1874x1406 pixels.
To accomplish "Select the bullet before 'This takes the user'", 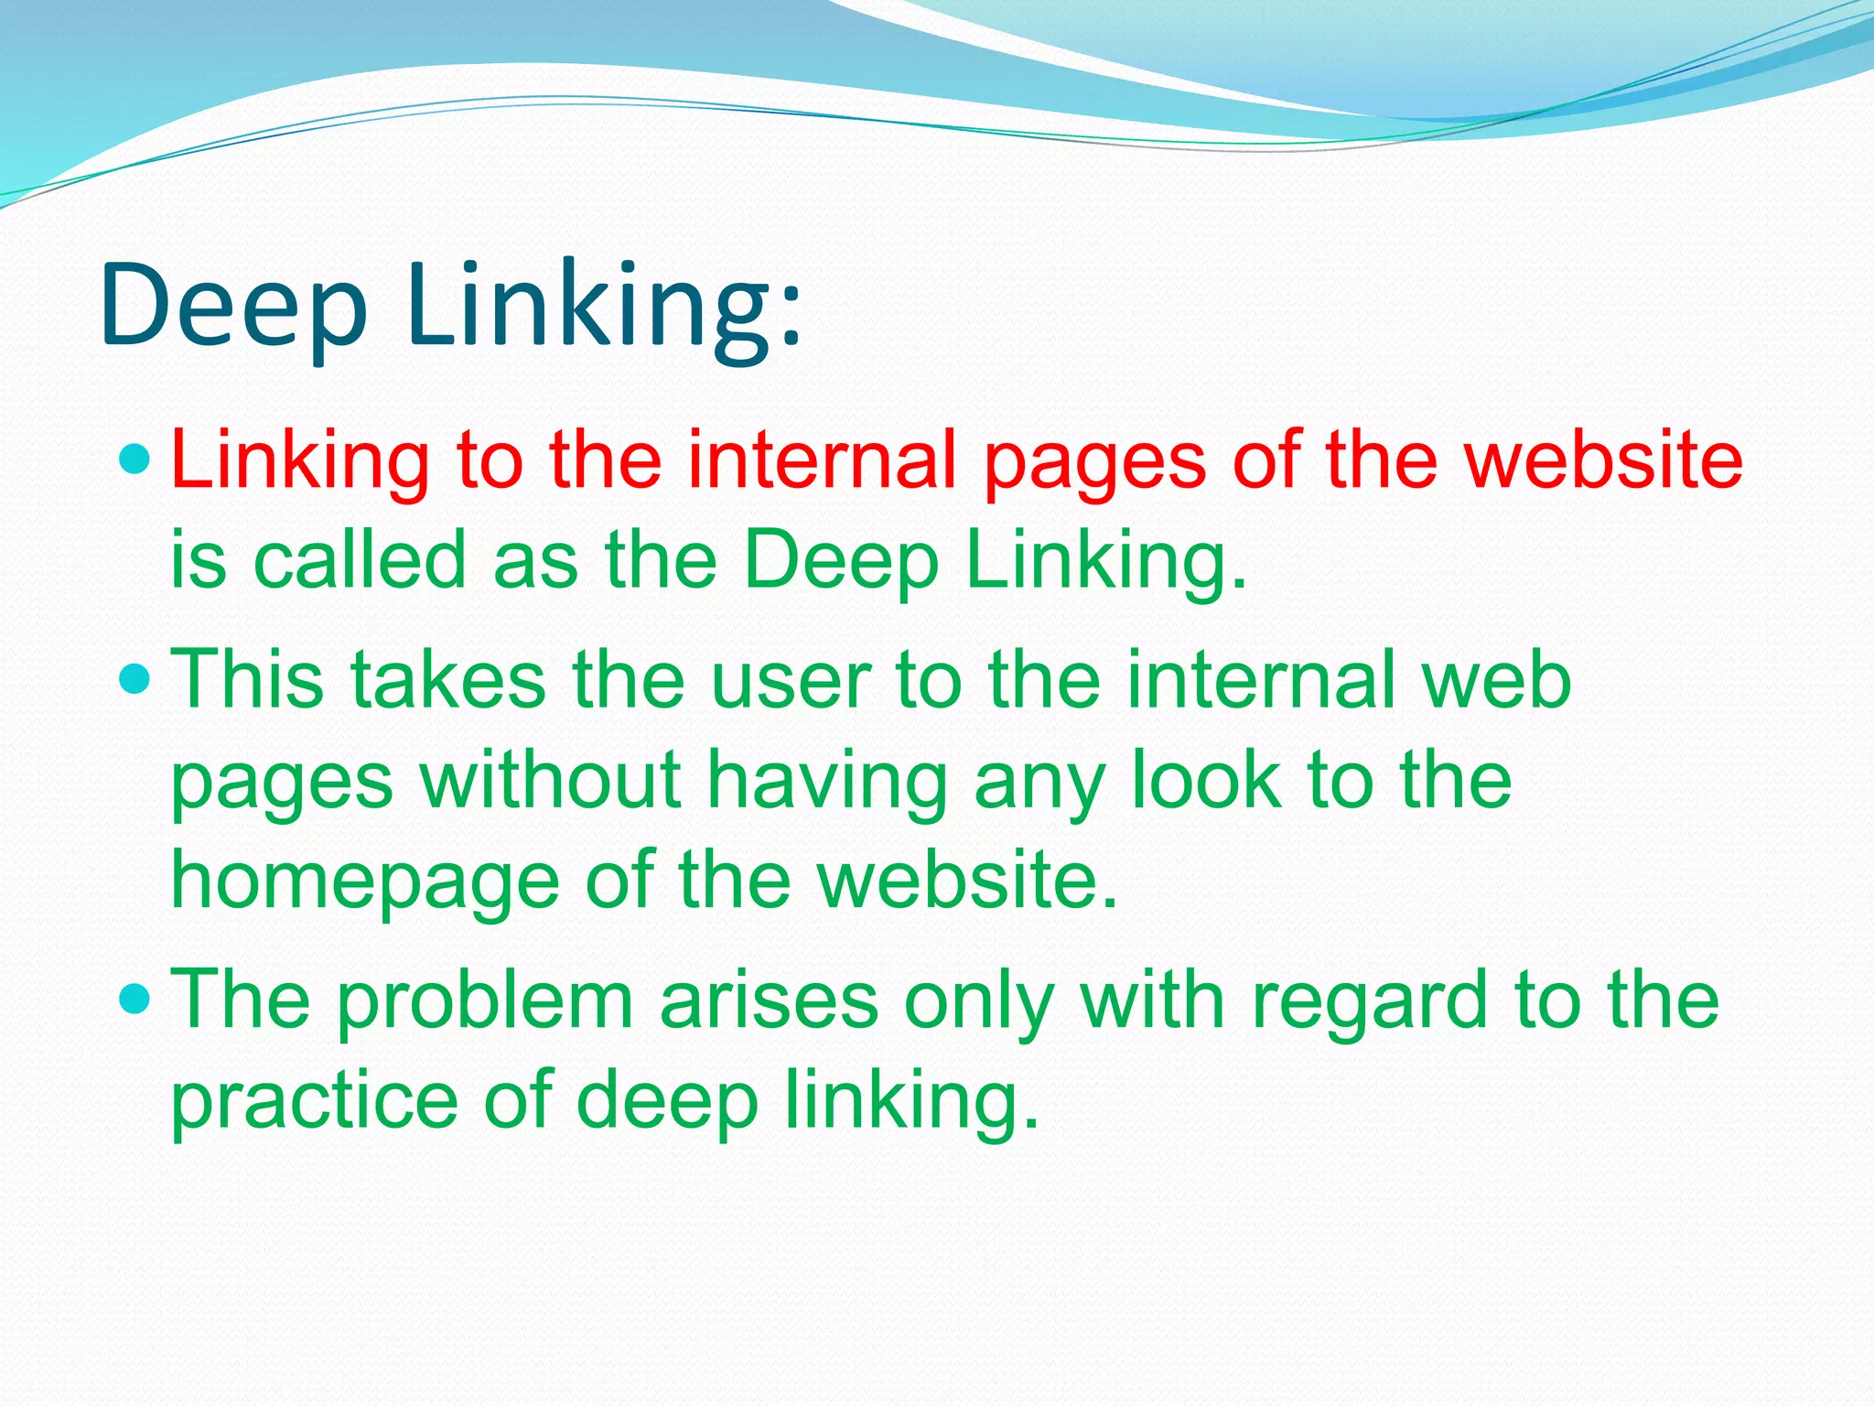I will [135, 679].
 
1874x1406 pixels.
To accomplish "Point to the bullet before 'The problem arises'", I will [135, 999].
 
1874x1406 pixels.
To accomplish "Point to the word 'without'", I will [550, 780].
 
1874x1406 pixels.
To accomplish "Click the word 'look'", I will [1206, 780].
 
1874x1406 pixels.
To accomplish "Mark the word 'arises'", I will [769, 1000].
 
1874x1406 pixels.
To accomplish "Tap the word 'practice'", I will [315, 1101].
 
